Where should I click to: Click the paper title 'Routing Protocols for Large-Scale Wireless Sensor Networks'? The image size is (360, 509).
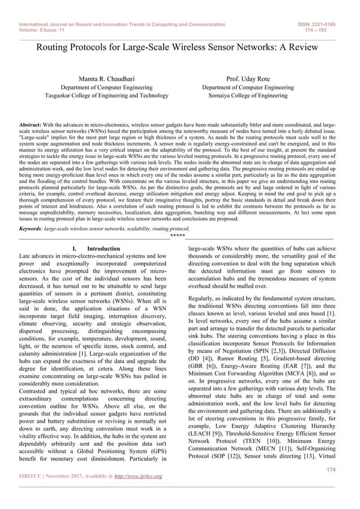pos(180,49)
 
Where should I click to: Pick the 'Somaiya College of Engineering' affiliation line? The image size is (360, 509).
pos(248,96)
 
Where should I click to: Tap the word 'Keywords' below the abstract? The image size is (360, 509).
pos(32,229)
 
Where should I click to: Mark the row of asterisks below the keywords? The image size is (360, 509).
pos(178,235)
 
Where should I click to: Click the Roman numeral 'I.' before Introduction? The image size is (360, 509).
pos(74,248)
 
